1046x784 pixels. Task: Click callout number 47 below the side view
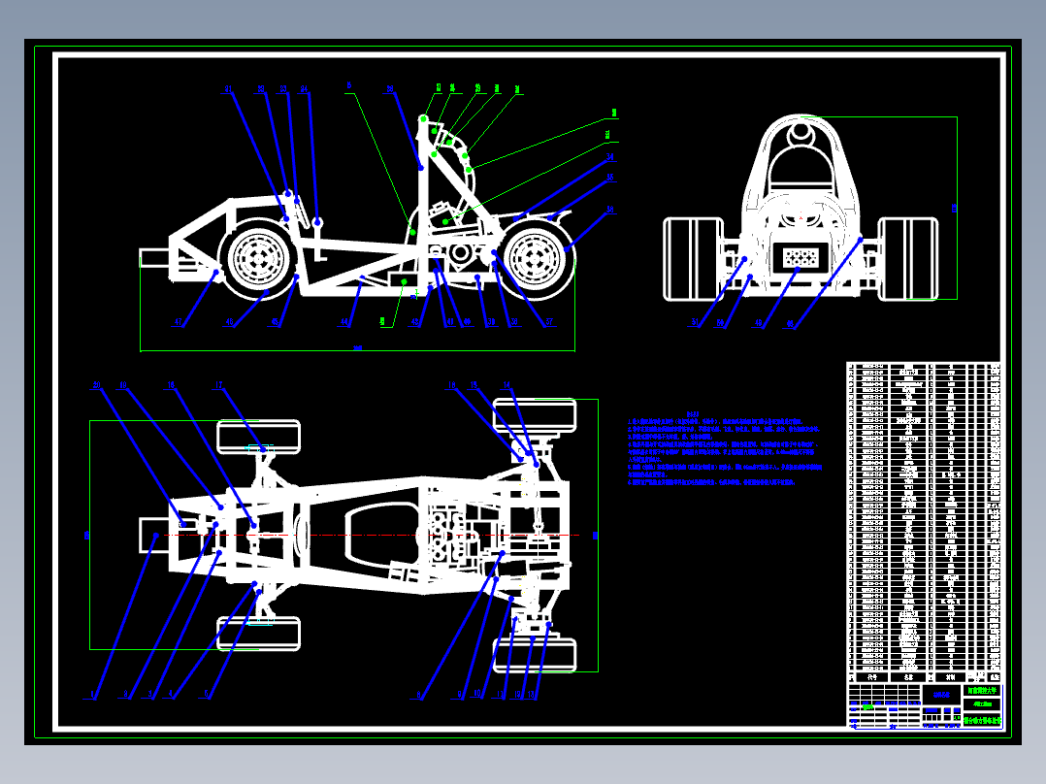click(178, 323)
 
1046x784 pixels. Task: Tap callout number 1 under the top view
click(93, 694)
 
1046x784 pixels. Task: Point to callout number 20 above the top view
click(97, 386)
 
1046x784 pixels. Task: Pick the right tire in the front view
click(908, 257)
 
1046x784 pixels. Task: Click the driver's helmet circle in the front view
click(801, 134)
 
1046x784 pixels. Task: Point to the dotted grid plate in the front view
click(800, 257)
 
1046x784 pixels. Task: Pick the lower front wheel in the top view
click(258, 634)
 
